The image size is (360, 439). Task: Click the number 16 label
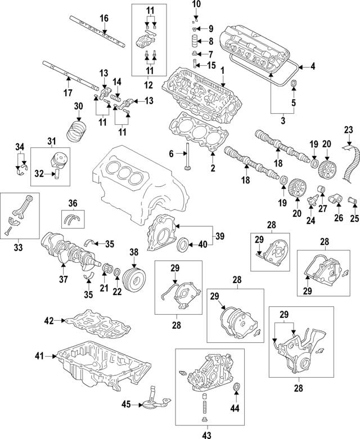pyautogui.click(x=103, y=19)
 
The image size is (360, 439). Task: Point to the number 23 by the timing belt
pyautogui.click(x=349, y=131)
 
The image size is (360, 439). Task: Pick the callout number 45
pyautogui.click(x=128, y=403)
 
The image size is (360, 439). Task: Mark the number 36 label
pyautogui.click(x=72, y=203)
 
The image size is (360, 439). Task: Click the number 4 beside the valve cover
pyautogui.click(x=313, y=66)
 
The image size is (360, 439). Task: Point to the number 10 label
pyautogui.click(x=196, y=5)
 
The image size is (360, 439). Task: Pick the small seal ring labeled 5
pyautogui.click(x=292, y=85)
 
